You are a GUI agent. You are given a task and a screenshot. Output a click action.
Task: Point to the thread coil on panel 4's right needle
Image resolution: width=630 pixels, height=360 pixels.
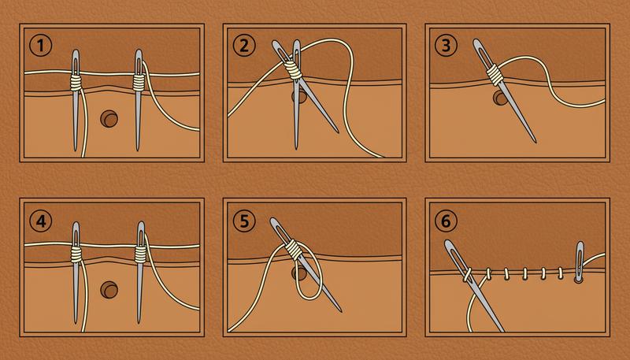click(x=139, y=254)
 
